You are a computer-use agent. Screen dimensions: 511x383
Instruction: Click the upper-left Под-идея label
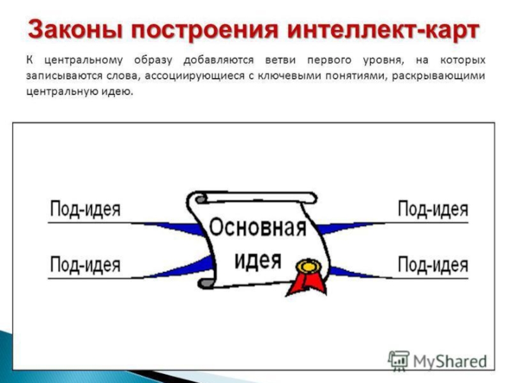pos(85,209)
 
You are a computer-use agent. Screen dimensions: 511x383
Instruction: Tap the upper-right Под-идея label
pos(432,209)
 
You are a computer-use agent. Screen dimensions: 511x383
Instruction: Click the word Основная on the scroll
pos(258,229)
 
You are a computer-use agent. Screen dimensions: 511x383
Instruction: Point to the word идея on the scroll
pos(257,259)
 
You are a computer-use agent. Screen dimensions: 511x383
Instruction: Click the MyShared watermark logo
pos(438,361)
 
